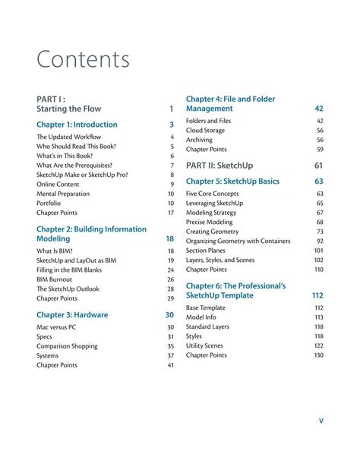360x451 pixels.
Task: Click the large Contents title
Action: (83, 59)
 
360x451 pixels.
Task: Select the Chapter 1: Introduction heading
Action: (77, 125)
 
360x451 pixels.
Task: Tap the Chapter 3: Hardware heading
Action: (72, 314)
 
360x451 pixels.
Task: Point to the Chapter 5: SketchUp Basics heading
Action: (232, 181)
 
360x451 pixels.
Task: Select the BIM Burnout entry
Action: (55, 279)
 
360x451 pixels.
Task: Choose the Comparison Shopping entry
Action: (67, 346)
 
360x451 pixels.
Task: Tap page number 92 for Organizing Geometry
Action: (319, 241)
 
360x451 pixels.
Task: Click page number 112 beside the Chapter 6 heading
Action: (317, 295)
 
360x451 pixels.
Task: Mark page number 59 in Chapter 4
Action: (320, 150)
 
